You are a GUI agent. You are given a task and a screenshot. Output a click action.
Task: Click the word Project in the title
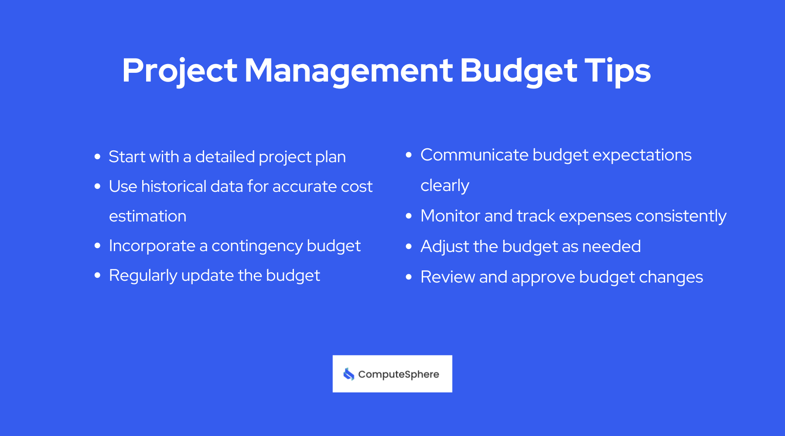tap(179, 71)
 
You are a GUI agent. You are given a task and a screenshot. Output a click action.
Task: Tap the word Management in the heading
tap(348, 71)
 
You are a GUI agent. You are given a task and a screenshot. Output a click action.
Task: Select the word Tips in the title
tap(618, 71)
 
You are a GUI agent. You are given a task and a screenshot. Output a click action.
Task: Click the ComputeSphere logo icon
tap(349, 374)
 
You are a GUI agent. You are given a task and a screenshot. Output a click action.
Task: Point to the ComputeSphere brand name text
tap(398, 375)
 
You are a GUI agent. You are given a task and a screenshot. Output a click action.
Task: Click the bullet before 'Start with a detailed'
tap(98, 157)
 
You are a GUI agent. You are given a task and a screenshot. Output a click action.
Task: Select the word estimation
tap(147, 216)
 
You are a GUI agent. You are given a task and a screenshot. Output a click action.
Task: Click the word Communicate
tap(474, 155)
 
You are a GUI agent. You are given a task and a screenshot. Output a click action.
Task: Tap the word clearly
tap(445, 186)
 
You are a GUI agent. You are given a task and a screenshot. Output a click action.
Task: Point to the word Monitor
tap(450, 216)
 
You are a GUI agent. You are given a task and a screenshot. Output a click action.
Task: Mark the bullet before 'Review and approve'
tap(409, 277)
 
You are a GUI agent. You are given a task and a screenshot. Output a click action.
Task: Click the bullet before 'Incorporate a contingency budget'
tap(98, 245)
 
